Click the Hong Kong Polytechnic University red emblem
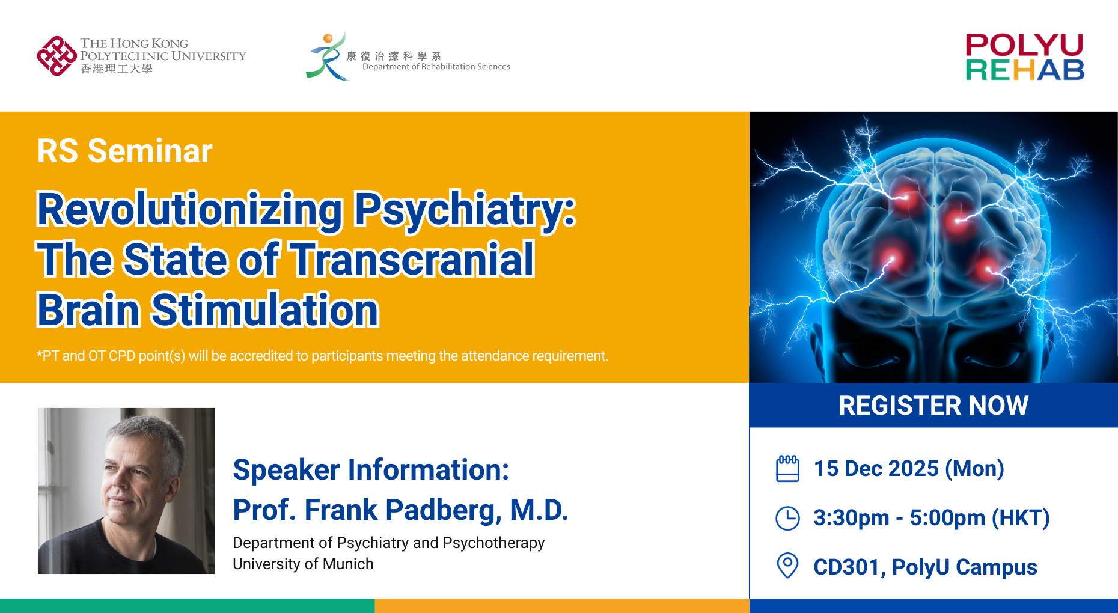click(57, 56)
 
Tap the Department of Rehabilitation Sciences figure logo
click(328, 56)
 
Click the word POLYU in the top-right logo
click(1024, 45)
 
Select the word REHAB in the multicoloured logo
click(1024, 70)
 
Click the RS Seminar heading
click(124, 150)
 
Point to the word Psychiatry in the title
click(464, 209)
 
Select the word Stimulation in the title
click(264, 310)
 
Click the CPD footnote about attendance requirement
click(322, 356)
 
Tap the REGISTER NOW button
click(933, 406)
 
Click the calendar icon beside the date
click(787, 469)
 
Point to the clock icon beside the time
click(787, 518)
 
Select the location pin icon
click(787, 566)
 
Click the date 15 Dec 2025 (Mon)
click(908, 469)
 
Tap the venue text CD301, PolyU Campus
click(925, 567)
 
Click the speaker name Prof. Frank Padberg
click(400, 510)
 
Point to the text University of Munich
click(303, 564)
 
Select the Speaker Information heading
click(371, 469)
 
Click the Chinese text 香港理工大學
click(116, 69)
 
